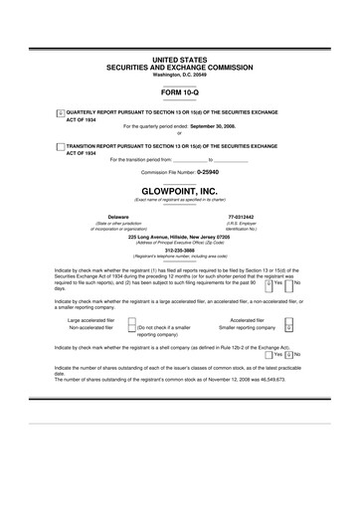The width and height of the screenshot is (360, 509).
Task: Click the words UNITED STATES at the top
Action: pyautogui.click(x=179, y=61)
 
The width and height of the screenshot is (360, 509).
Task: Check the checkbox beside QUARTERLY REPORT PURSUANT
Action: pyautogui.click(x=60, y=113)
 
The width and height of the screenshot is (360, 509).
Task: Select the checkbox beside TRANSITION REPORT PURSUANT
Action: pyautogui.click(x=60, y=145)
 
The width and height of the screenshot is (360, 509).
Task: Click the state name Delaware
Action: pyautogui.click(x=90, y=216)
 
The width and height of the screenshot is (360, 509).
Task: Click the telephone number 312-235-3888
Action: pyautogui.click(x=179, y=250)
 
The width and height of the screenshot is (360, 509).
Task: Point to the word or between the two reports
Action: pyautogui.click(x=179, y=133)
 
